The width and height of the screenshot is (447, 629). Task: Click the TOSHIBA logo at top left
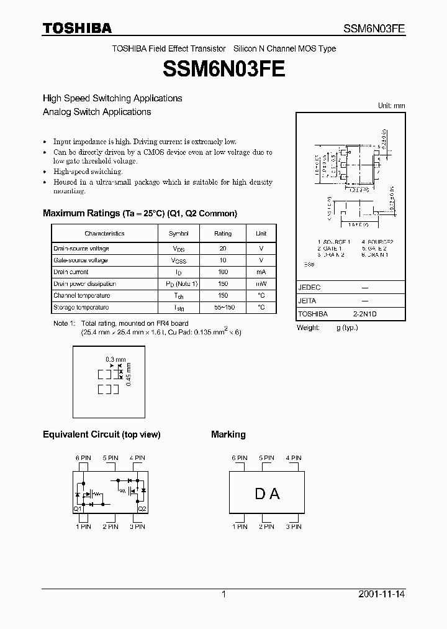point(77,28)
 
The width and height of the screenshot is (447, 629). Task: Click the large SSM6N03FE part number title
point(223,69)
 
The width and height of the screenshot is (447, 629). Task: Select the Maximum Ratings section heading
point(140,213)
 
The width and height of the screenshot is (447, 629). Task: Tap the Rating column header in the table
point(223,234)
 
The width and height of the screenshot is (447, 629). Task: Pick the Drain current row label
point(71,272)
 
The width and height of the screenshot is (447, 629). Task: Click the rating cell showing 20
point(223,249)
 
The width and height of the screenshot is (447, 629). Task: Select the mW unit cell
point(261,284)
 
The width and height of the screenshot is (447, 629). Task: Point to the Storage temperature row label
point(81,308)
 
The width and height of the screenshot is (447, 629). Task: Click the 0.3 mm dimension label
point(115,359)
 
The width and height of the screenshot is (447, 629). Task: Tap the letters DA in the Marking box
point(267,494)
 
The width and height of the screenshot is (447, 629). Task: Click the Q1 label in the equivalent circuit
point(78,508)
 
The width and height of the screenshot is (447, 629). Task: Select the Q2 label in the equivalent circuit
point(142,508)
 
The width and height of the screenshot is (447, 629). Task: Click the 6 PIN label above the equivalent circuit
point(83,458)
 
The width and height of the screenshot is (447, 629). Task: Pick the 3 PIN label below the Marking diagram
point(293,526)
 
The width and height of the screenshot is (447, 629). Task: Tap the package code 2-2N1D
point(365,314)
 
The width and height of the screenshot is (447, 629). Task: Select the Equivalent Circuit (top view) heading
point(101,434)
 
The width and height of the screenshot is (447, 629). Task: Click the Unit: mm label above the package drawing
point(391,106)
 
